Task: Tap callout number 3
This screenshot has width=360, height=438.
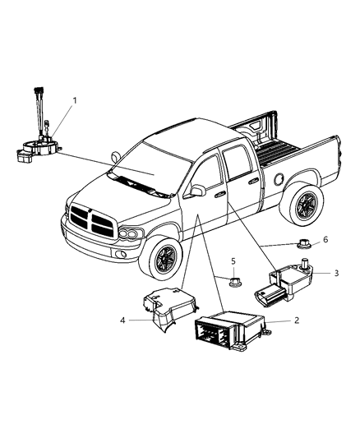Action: click(336, 295)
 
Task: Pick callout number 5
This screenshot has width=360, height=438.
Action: click(233, 260)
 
